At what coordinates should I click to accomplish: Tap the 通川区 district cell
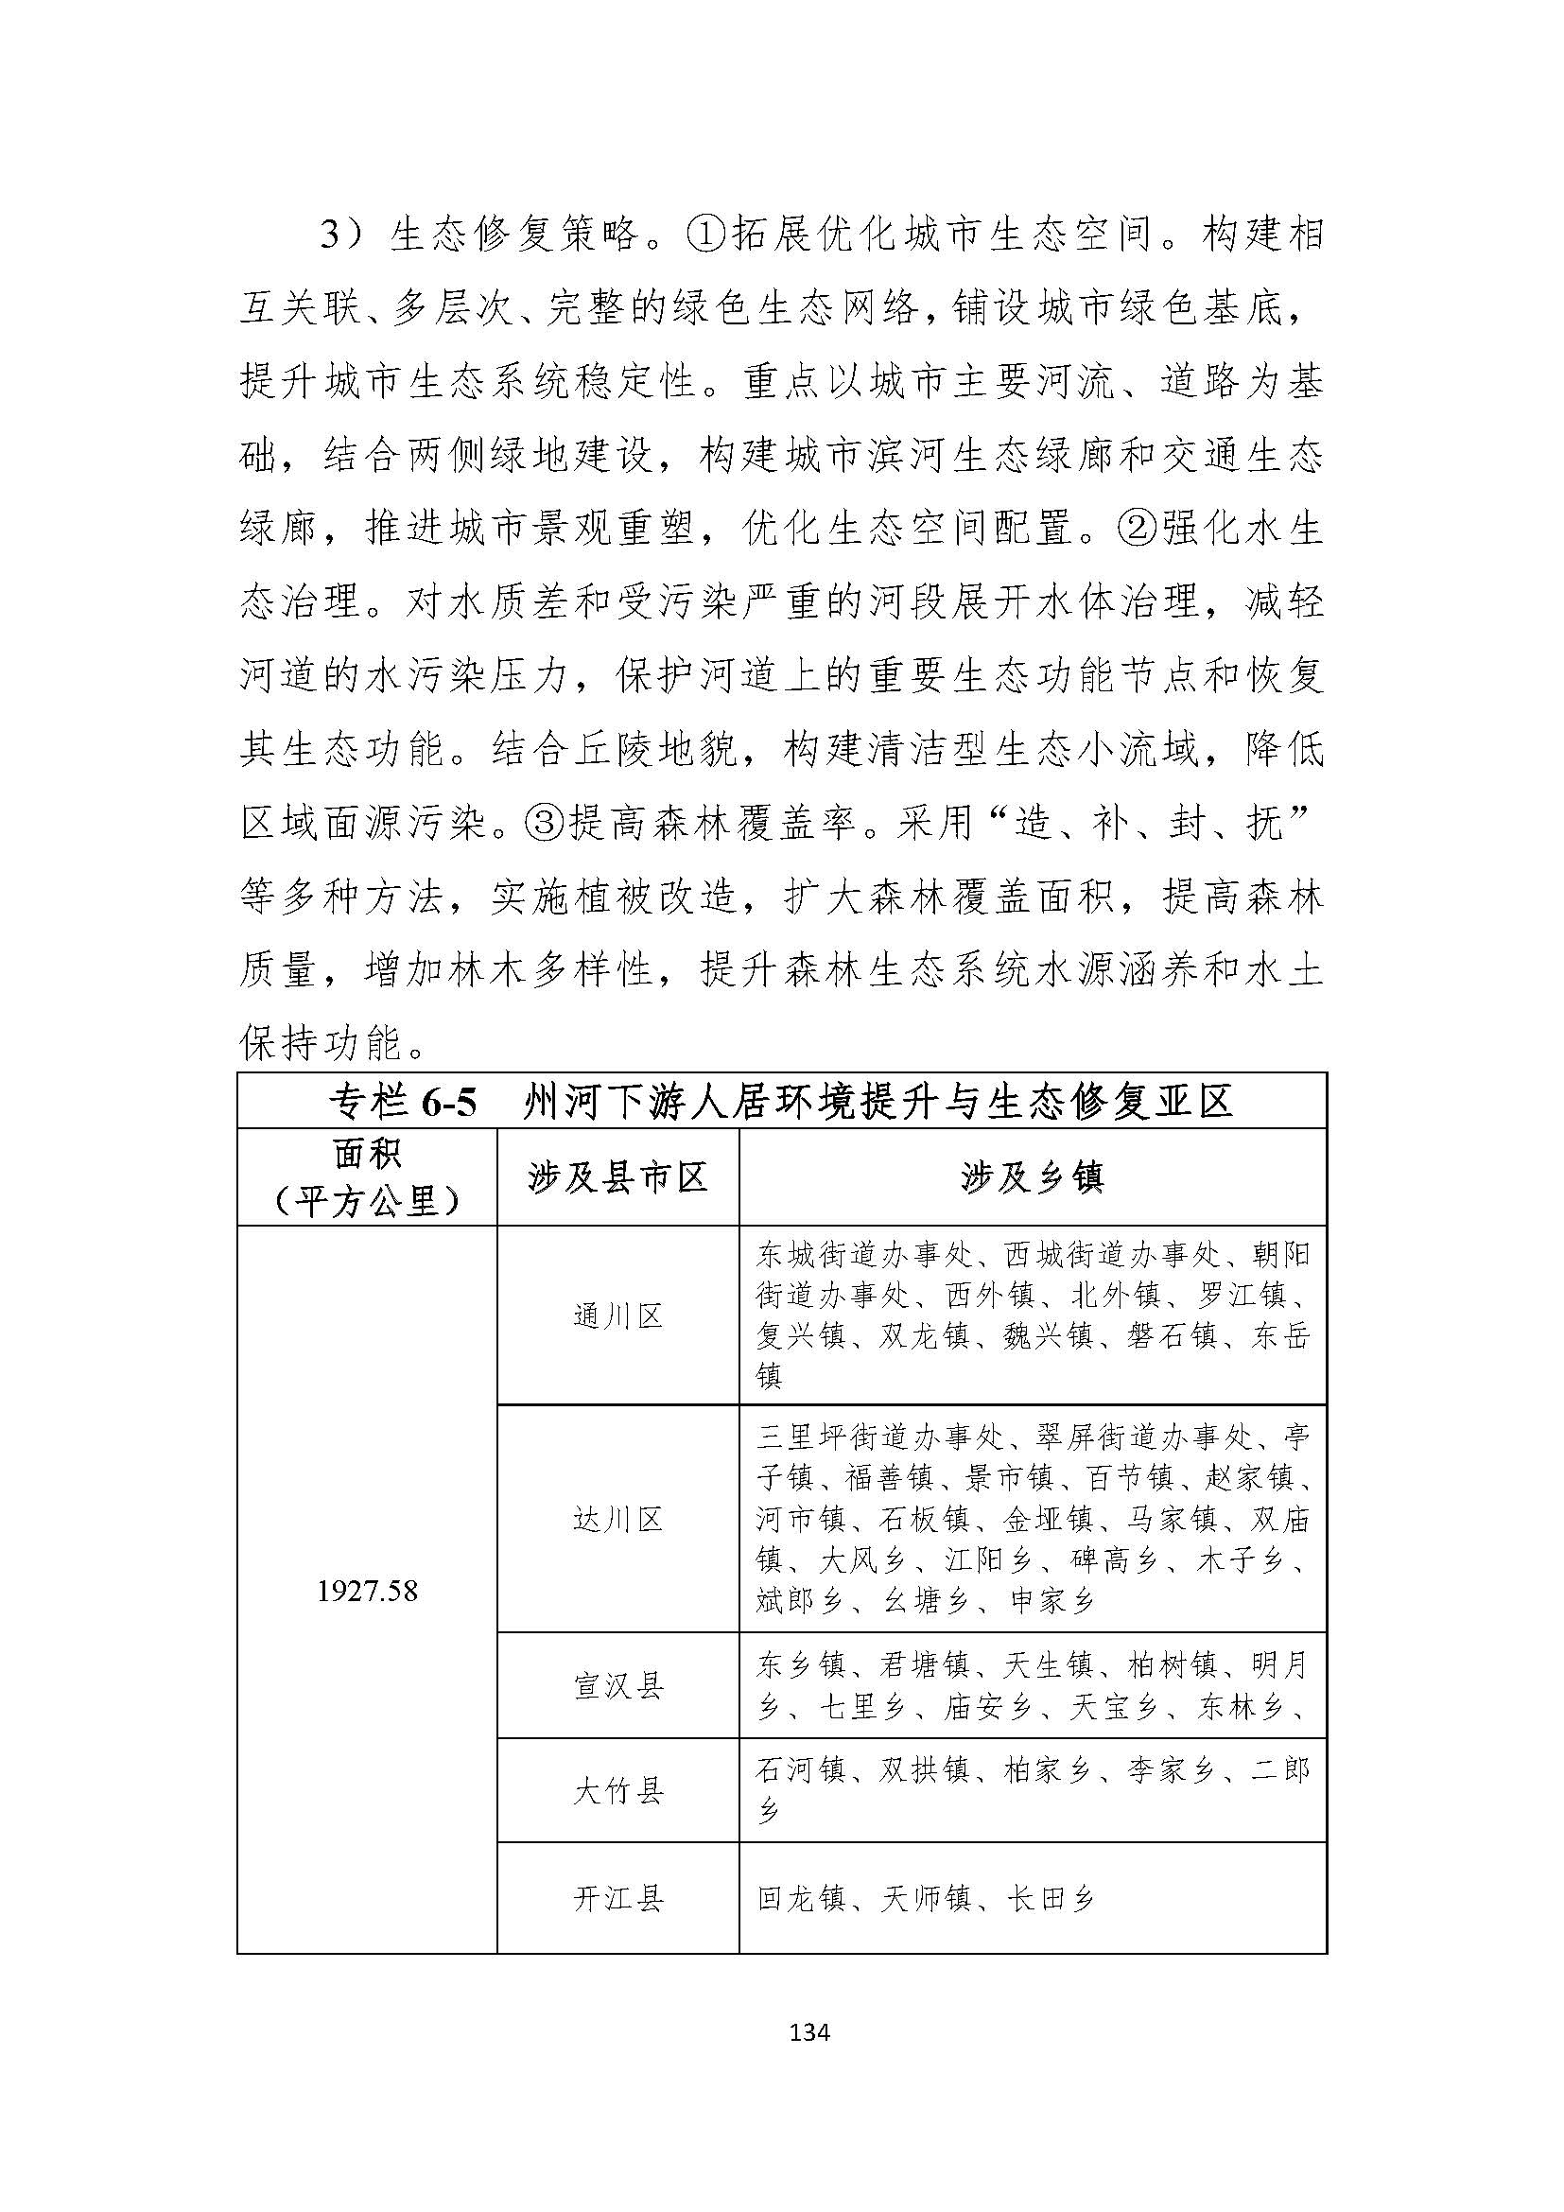(617, 1316)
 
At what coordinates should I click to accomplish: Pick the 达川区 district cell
(617, 1520)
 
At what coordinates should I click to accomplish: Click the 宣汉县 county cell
(617, 1686)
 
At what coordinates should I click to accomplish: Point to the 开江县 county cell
(617, 1899)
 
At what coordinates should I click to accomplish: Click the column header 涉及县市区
(617, 1177)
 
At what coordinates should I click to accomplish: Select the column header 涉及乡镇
(1032, 1177)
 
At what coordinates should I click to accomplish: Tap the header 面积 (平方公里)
(367, 1177)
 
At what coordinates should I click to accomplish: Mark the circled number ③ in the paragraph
(545, 826)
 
